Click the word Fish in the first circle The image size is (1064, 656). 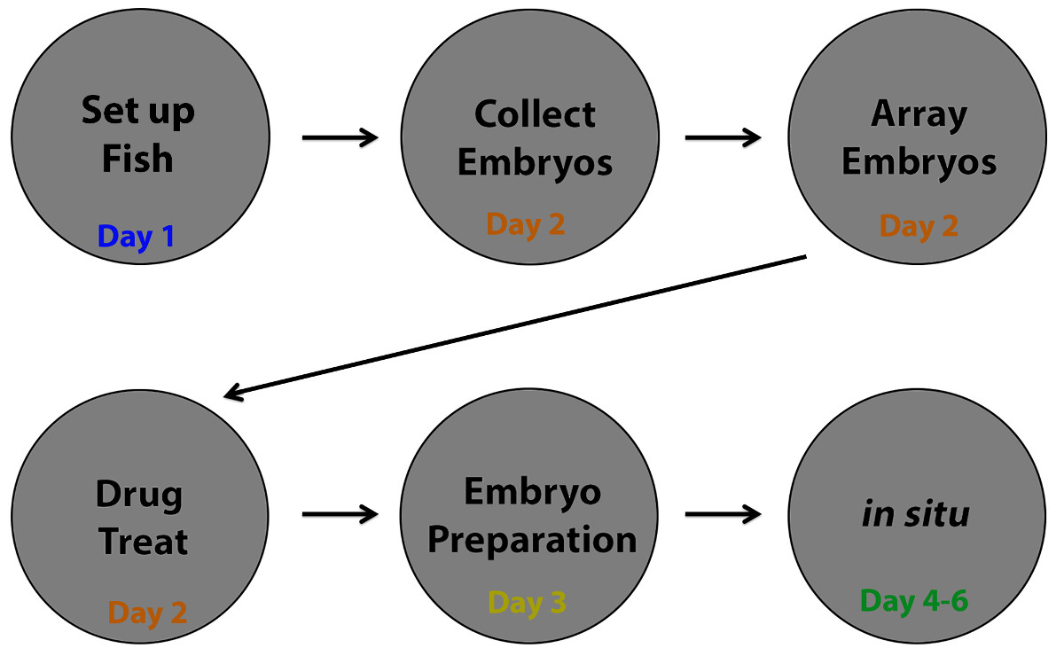(137, 160)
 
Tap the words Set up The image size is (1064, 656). (137, 112)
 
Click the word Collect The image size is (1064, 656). (535, 114)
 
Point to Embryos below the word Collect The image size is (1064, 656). (535, 163)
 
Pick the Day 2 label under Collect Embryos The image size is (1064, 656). (526, 224)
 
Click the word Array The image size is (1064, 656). (919, 114)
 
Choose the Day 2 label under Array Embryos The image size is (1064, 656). (919, 226)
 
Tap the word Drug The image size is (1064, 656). (138, 493)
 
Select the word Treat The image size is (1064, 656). (144, 541)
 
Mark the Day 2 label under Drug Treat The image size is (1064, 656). (147, 612)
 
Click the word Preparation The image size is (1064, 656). (532, 541)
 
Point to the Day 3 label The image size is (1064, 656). (527, 603)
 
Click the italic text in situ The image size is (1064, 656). (916, 514)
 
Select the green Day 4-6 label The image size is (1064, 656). (914, 601)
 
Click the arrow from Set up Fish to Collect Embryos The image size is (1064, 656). (340, 137)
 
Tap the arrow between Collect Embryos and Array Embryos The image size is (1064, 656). (723, 137)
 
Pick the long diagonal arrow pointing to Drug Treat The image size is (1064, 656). (514, 324)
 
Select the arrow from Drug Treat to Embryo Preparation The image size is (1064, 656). (340, 514)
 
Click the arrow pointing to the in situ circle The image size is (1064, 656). (723, 514)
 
